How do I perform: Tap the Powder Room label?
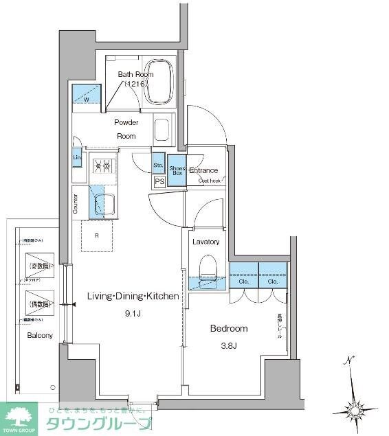pyautogui.click(x=126, y=129)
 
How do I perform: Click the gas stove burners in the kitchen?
pyautogui.click(x=102, y=165)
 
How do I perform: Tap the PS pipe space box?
pyautogui.click(x=159, y=182)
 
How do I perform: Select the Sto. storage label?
pyautogui.click(x=158, y=165)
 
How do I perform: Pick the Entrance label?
pyautogui.click(x=204, y=170)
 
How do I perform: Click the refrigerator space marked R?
pyautogui.click(x=96, y=234)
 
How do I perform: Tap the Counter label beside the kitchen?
pyautogui.click(x=75, y=203)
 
